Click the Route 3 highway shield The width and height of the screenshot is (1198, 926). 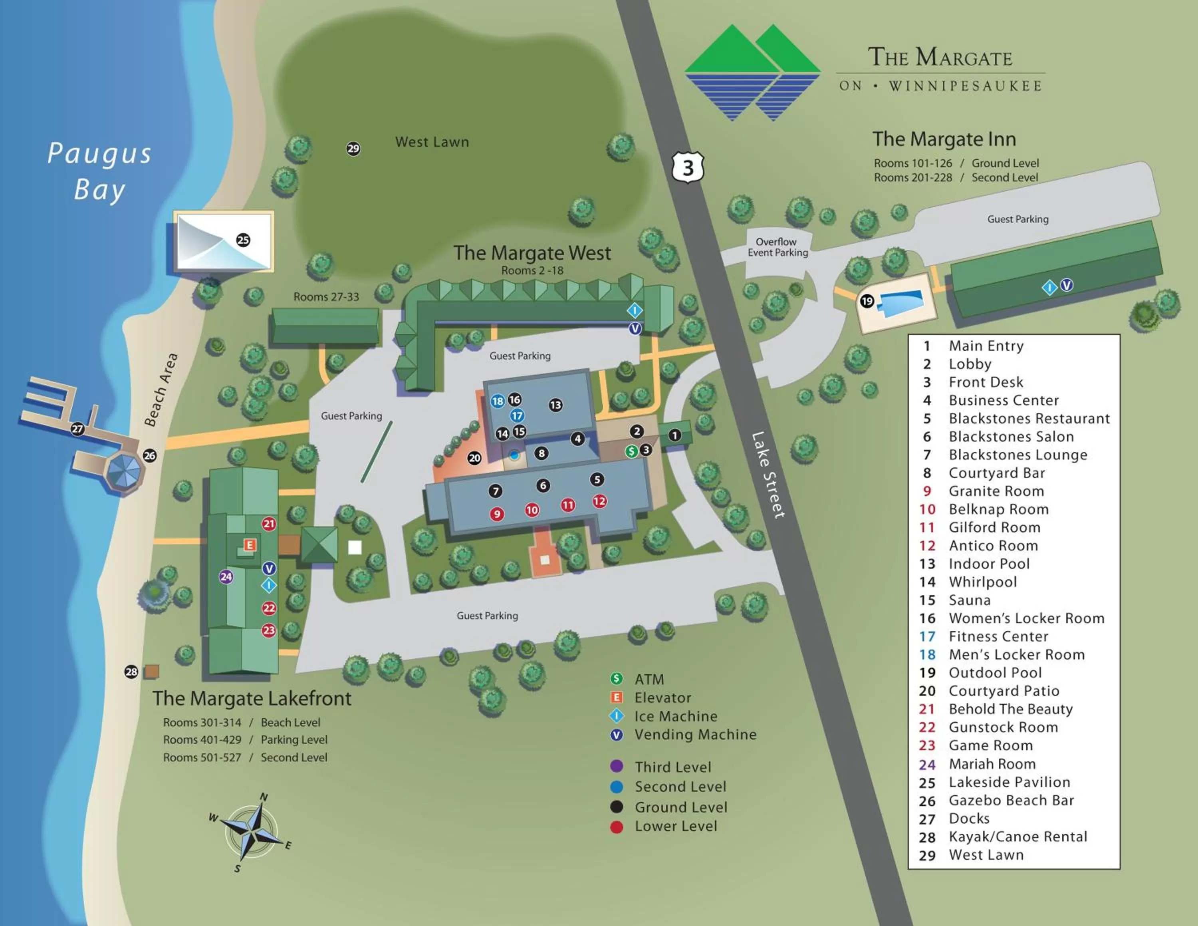point(688,167)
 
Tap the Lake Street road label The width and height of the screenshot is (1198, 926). point(768,475)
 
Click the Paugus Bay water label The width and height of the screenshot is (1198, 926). point(99,171)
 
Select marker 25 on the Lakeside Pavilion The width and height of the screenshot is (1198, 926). point(243,240)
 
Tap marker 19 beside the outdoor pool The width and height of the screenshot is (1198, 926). point(867,301)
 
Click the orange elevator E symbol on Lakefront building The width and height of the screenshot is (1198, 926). point(250,545)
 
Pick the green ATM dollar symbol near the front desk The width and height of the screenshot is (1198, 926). point(631,451)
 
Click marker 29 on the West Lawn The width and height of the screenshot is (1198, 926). point(353,149)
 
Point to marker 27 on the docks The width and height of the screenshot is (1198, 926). point(77,429)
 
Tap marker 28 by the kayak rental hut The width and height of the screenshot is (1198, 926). point(131,672)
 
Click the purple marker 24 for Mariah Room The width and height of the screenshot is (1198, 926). point(226,576)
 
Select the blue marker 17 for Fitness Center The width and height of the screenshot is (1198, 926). point(517,415)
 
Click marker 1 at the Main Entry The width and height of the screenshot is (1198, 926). point(675,435)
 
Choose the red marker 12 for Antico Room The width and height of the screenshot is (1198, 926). point(599,501)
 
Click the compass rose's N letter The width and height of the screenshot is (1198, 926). point(264,797)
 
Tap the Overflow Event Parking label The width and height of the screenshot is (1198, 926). point(777,247)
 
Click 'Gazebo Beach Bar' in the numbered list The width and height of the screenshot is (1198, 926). point(1011,801)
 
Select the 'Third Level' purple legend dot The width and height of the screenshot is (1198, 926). point(617,766)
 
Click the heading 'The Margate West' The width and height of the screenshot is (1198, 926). point(532,253)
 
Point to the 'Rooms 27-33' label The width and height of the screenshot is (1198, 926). point(326,297)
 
